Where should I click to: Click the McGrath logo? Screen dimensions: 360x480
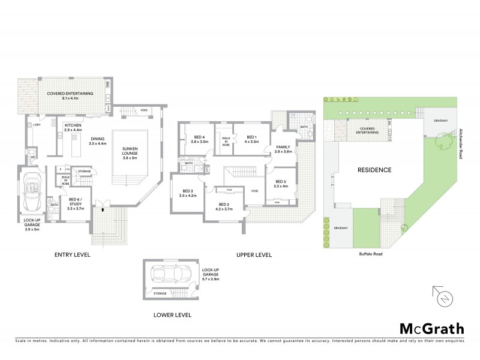tap(431, 328)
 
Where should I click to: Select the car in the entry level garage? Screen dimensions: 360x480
tap(31, 192)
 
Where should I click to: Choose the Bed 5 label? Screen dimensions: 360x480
tap(281, 184)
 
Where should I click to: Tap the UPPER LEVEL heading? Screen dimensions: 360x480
tap(253, 254)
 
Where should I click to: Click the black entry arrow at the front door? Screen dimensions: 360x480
tap(103, 209)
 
